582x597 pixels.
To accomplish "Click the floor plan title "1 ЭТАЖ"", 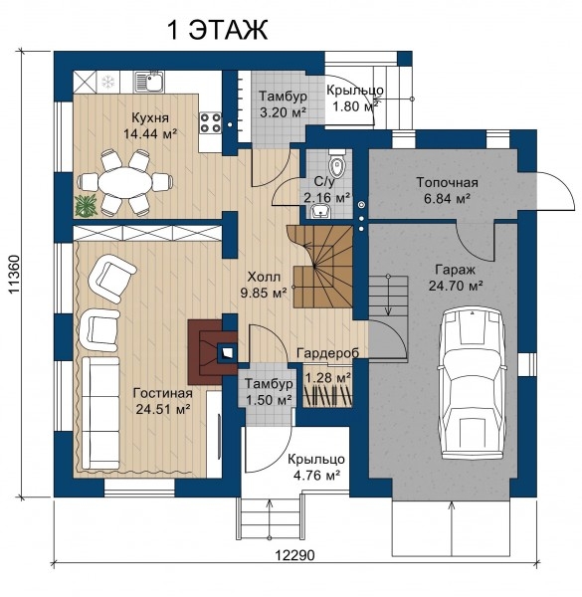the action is (x=217, y=30).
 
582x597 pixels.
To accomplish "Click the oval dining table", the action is (x=124, y=183).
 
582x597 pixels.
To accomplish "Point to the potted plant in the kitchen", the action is (x=86, y=206).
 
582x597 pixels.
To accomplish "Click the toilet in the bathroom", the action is (x=336, y=164).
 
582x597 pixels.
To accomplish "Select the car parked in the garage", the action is (x=473, y=384).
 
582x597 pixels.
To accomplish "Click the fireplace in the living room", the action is (x=212, y=352).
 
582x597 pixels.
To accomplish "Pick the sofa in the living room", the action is (x=100, y=413).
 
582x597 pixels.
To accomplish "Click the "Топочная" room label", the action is (x=447, y=182).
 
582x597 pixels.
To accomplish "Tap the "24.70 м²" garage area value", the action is (x=456, y=286).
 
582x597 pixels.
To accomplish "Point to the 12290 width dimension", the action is (x=295, y=555).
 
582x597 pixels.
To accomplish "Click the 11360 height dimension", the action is (x=15, y=275).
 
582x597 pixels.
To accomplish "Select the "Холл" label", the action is (x=264, y=277).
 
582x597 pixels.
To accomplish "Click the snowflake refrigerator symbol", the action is (x=108, y=82).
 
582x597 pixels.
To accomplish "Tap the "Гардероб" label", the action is (x=327, y=353).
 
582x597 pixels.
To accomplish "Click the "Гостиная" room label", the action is (x=163, y=393).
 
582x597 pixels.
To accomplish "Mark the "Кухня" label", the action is (x=150, y=117).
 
